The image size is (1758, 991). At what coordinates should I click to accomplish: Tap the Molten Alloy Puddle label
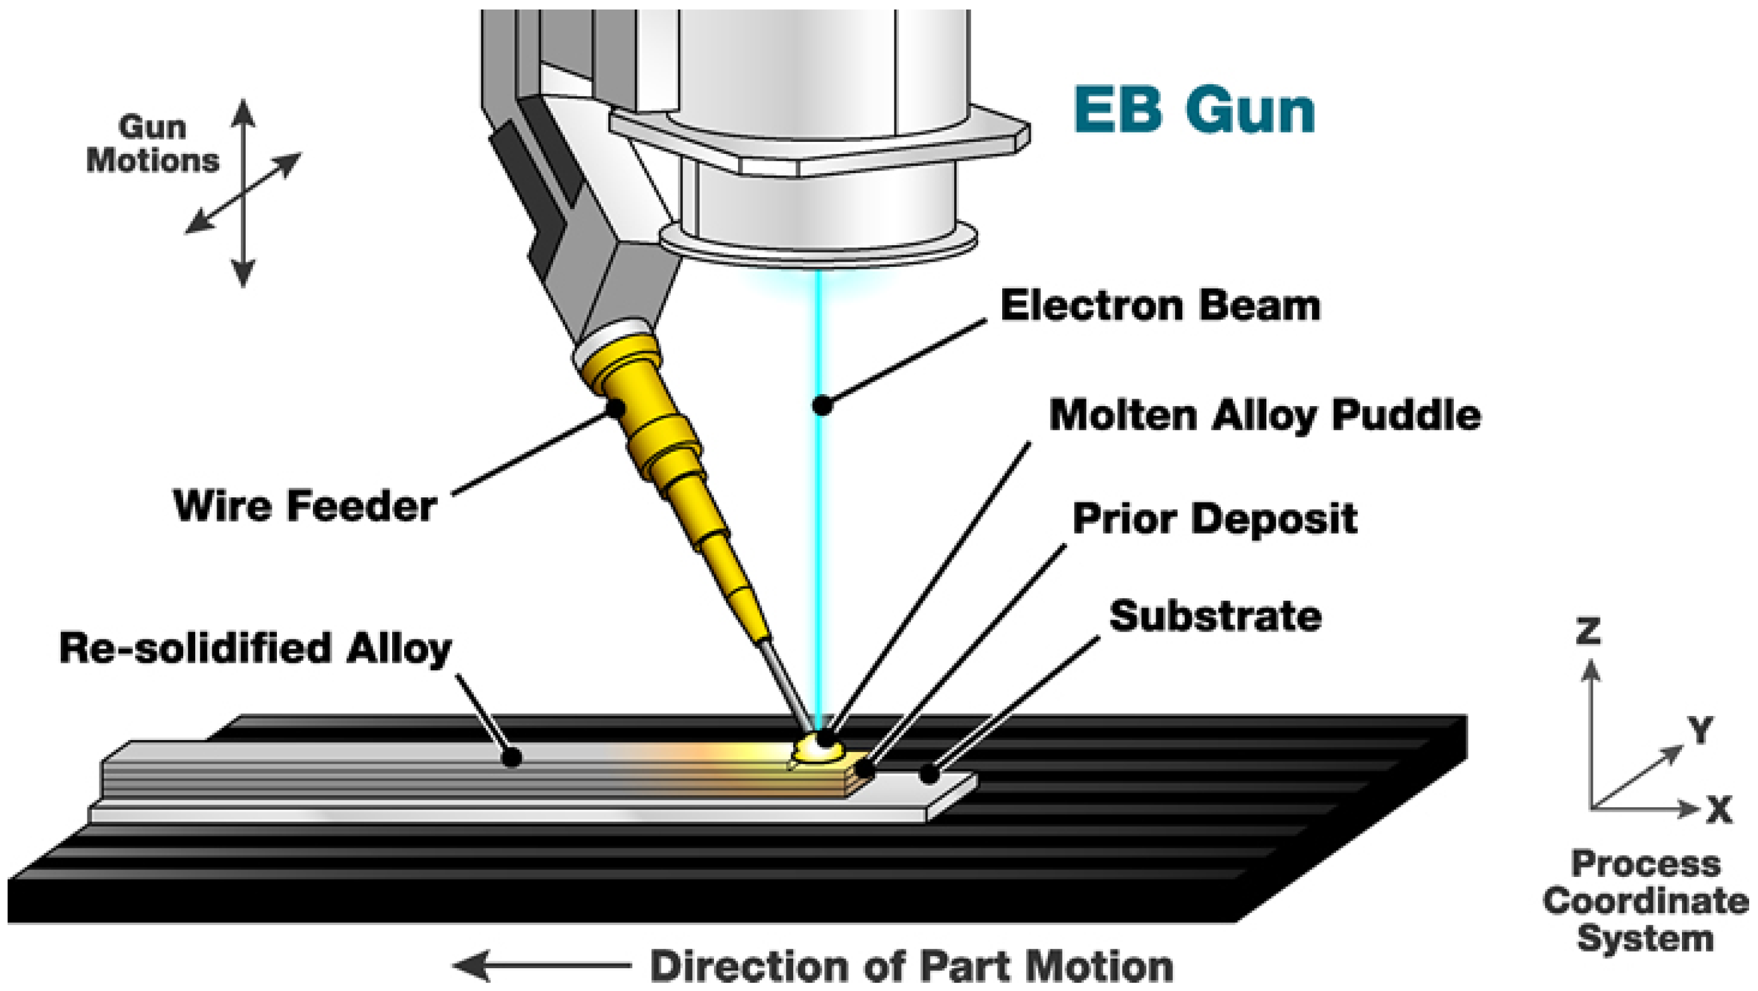coord(1264,415)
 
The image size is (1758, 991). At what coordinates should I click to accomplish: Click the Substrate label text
coord(1215,617)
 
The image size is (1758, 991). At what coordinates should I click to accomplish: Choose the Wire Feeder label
coord(305,506)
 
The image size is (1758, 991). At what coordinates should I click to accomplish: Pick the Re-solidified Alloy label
coord(255,648)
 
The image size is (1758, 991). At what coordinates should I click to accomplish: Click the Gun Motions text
coord(152,144)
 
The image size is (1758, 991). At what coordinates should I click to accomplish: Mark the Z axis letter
coord(1589,631)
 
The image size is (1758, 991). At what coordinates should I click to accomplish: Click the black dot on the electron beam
coord(822,406)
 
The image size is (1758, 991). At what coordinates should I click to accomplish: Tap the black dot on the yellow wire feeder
coord(616,408)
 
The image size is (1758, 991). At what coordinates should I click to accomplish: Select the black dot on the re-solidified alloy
coord(512,757)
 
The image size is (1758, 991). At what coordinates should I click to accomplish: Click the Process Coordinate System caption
coord(1645,901)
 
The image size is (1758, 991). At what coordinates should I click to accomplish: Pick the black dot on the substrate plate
coord(928,774)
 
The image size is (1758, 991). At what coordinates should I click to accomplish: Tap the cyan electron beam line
coord(821,546)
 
